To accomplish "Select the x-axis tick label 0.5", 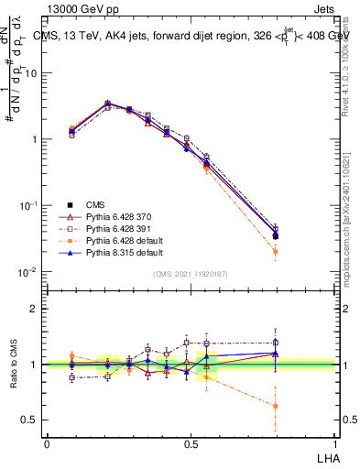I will pyautogui.click(x=190, y=442).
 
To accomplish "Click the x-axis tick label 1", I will pyautogui.click(x=333, y=442).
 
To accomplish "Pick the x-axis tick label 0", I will pyautogui.click(x=47, y=442).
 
